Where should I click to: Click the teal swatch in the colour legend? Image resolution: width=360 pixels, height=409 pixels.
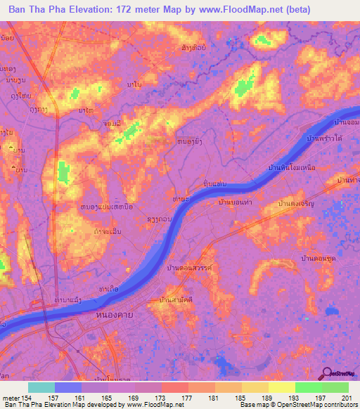(x=41, y=387)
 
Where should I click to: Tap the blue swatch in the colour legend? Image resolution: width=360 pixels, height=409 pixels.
(x=68, y=387)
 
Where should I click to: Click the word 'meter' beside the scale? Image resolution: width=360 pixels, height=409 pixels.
(x=11, y=398)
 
